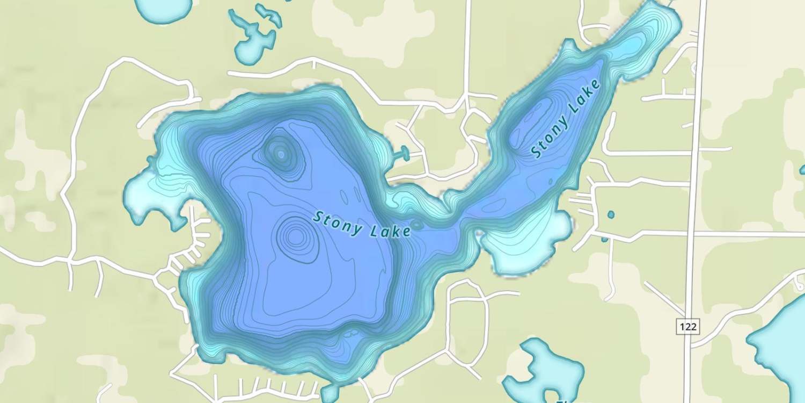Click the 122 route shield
click(687, 326)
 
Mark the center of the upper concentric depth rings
click(281, 154)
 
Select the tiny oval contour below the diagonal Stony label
click(551, 182)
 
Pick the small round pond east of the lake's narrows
click(611, 215)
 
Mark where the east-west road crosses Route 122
click(693, 234)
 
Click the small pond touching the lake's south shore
click(330, 392)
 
